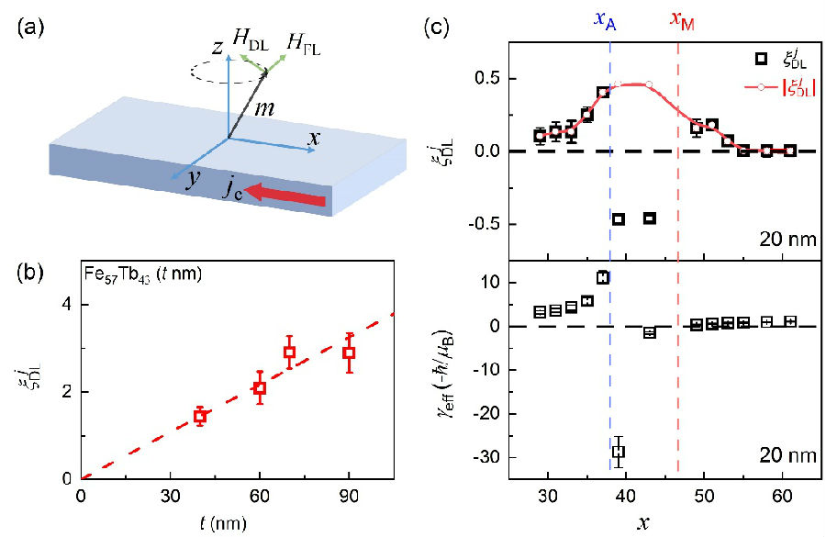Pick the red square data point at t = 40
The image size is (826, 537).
pos(199,416)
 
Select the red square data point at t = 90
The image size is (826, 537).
pos(349,352)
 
